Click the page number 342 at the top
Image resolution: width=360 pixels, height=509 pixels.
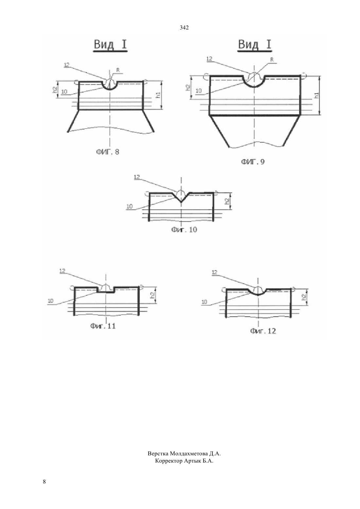(184, 28)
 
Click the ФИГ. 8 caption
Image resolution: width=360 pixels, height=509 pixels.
(108, 151)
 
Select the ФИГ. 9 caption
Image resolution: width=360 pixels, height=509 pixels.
(253, 162)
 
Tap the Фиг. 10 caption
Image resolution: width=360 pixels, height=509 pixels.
(184, 230)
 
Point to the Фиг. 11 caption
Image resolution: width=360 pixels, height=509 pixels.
(103, 326)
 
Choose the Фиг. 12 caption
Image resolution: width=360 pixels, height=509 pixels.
(263, 331)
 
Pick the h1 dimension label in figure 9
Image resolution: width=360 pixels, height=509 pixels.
(316, 95)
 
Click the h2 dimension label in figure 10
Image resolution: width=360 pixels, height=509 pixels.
(227, 201)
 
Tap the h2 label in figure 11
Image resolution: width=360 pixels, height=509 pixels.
(153, 295)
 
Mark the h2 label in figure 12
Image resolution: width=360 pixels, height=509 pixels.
(305, 297)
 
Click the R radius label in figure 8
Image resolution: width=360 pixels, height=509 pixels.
(118, 70)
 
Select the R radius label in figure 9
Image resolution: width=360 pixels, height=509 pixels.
(272, 60)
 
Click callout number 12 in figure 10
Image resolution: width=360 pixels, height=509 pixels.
(137, 177)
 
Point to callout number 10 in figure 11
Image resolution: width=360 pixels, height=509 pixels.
(50, 301)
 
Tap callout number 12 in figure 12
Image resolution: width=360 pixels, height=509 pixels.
(214, 272)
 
